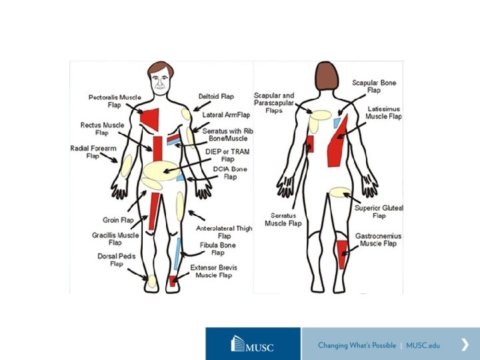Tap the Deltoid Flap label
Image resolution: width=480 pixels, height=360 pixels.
[x=216, y=97]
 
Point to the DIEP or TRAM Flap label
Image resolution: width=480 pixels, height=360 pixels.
[x=222, y=155]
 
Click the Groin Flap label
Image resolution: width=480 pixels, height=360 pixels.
[x=118, y=219]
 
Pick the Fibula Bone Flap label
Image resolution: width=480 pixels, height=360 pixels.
[x=217, y=249]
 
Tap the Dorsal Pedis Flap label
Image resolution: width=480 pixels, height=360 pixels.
[x=107, y=260]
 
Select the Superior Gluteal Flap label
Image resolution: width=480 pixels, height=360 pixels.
[x=379, y=212]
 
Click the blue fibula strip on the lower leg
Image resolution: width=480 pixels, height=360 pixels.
[x=178, y=252]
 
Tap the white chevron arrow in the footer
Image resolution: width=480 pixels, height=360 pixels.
[x=465, y=345]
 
